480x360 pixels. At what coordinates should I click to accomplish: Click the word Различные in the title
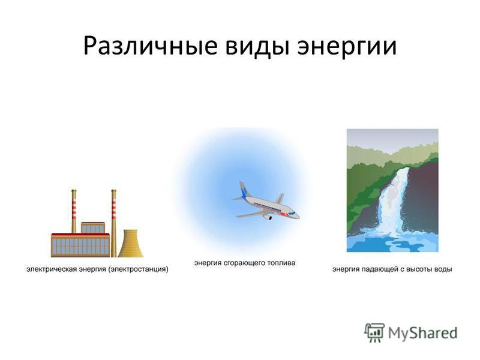151,47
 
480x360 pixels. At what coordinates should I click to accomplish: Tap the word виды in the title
257,47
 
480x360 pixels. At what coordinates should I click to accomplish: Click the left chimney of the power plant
74,211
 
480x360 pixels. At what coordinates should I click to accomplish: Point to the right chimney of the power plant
113,223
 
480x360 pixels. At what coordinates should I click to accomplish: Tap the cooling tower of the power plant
130,244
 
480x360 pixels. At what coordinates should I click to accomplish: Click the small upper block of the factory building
93,228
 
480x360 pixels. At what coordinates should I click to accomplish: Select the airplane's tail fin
245,190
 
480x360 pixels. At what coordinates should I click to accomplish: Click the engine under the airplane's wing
268,217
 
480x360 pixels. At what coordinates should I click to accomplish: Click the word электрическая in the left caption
52,269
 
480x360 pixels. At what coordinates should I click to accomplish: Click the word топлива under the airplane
281,263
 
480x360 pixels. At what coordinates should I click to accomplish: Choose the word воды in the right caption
443,269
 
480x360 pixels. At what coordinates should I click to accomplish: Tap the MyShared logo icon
374,333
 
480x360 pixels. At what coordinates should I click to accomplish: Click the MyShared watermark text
422,333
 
